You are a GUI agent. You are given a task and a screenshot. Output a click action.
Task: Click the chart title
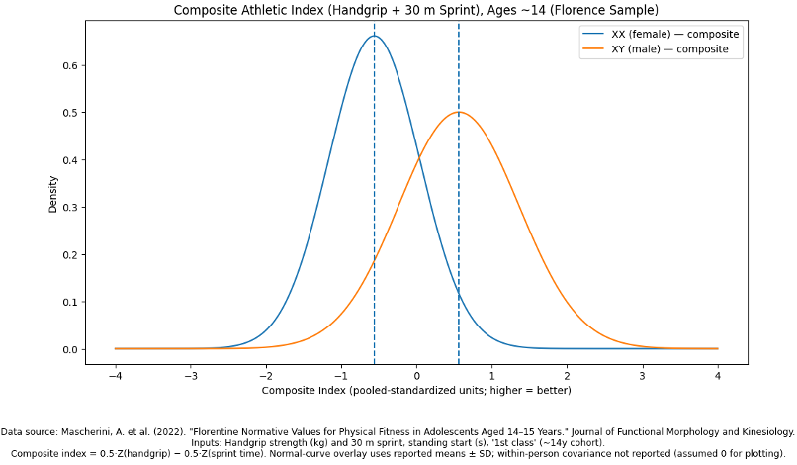tap(415, 10)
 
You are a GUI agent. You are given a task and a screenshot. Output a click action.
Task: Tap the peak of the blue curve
tap(374, 36)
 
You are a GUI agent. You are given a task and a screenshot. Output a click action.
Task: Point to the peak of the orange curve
tap(459, 112)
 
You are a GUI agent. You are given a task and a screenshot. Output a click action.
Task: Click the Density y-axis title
tap(53, 194)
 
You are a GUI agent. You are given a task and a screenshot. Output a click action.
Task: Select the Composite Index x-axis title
tap(415, 391)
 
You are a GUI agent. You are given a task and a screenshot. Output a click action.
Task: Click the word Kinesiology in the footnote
tap(762, 432)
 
